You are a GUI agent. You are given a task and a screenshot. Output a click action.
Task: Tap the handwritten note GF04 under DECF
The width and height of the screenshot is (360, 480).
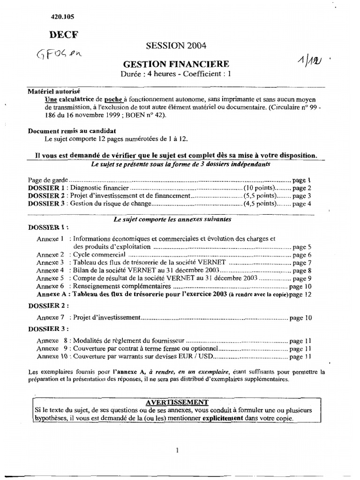point(59,55)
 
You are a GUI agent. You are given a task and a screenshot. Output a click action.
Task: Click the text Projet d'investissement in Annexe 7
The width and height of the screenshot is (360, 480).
point(107,317)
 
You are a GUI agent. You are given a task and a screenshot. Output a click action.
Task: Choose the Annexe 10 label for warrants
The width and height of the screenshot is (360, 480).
point(51,357)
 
